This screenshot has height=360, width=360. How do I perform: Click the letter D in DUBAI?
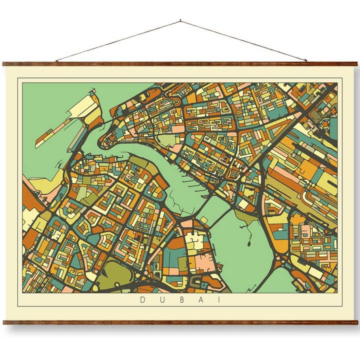(142, 300)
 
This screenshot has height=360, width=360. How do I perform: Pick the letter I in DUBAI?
(218, 300)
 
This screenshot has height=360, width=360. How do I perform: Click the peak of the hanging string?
(180, 21)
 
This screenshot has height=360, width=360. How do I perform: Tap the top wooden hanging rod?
(180, 64)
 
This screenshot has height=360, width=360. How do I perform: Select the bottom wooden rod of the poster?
(180, 322)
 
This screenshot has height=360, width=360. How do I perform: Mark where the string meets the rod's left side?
(56, 61)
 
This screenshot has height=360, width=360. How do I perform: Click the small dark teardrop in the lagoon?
(248, 245)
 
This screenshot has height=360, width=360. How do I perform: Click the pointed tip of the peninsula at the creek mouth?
(103, 142)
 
